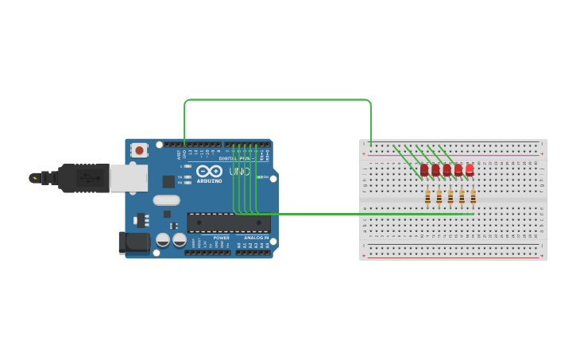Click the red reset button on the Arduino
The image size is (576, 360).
pyautogui.click(x=139, y=149)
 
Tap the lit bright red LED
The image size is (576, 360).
pyautogui.click(x=470, y=169)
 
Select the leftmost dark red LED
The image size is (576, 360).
pyautogui.click(x=424, y=169)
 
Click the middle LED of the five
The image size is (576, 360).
pyautogui.click(x=446, y=169)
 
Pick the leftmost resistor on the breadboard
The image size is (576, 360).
pyautogui.click(x=427, y=196)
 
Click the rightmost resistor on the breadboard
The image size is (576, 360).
pyautogui.click(x=473, y=196)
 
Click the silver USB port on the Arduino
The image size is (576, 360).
pyautogui.click(x=128, y=178)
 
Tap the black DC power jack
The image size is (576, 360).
pyautogui.click(x=133, y=242)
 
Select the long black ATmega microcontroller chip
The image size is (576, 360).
pyautogui.click(x=228, y=223)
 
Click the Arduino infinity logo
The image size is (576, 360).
pyautogui.click(x=209, y=171)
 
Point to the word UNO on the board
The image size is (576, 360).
pyautogui.click(x=240, y=171)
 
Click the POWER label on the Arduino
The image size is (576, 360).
pyautogui.click(x=222, y=237)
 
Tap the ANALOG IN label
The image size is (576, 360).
pyautogui.click(x=256, y=237)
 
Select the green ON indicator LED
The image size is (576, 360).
pyautogui.click(x=258, y=177)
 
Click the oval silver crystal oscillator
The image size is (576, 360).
pyautogui.click(x=167, y=200)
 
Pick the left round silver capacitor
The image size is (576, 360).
pyautogui.click(x=163, y=239)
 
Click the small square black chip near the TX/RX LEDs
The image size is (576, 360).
pyautogui.click(x=168, y=181)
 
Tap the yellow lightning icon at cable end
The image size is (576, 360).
pyautogui.click(x=34, y=178)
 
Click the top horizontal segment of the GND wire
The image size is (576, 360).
pyautogui.click(x=278, y=100)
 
